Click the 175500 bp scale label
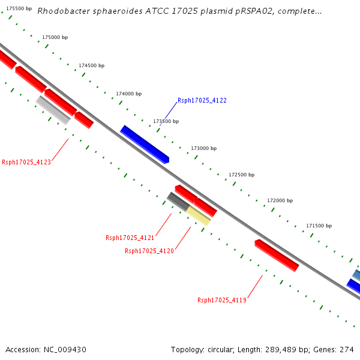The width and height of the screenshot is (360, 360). pyautogui.click(x=19, y=8)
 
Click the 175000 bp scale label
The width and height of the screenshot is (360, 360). pyautogui.click(x=55, y=37)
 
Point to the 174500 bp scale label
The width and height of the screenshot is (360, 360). pyautogui.click(x=91, y=65)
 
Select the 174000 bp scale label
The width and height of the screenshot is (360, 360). pyautogui.click(x=128, y=94)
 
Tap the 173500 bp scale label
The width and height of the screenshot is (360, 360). pyautogui.click(x=166, y=121)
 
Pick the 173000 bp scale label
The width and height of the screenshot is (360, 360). pyautogui.click(x=203, y=148)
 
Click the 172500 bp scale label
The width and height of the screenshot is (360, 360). pyautogui.click(x=241, y=175)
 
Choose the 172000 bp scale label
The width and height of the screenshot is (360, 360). pyautogui.click(x=280, y=200)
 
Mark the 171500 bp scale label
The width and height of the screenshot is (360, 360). pyautogui.click(x=319, y=226)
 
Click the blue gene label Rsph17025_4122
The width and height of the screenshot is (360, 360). pyautogui.click(x=202, y=101)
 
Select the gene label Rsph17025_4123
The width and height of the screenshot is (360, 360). pyautogui.click(x=26, y=162)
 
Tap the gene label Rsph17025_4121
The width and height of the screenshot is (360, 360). pyautogui.click(x=130, y=238)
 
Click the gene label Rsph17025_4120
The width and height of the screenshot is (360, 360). pyautogui.click(x=149, y=251)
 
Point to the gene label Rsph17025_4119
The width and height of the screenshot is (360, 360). pyautogui.click(x=222, y=300)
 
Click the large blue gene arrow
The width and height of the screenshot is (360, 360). pyautogui.click(x=145, y=144)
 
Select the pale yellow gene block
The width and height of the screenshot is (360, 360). pyautogui.click(x=198, y=215)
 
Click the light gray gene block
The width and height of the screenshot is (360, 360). pyautogui.click(x=53, y=110)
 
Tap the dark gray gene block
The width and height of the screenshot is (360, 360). pyautogui.click(x=178, y=201)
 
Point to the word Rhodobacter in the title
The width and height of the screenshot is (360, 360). pyautogui.click(x=62, y=11)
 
